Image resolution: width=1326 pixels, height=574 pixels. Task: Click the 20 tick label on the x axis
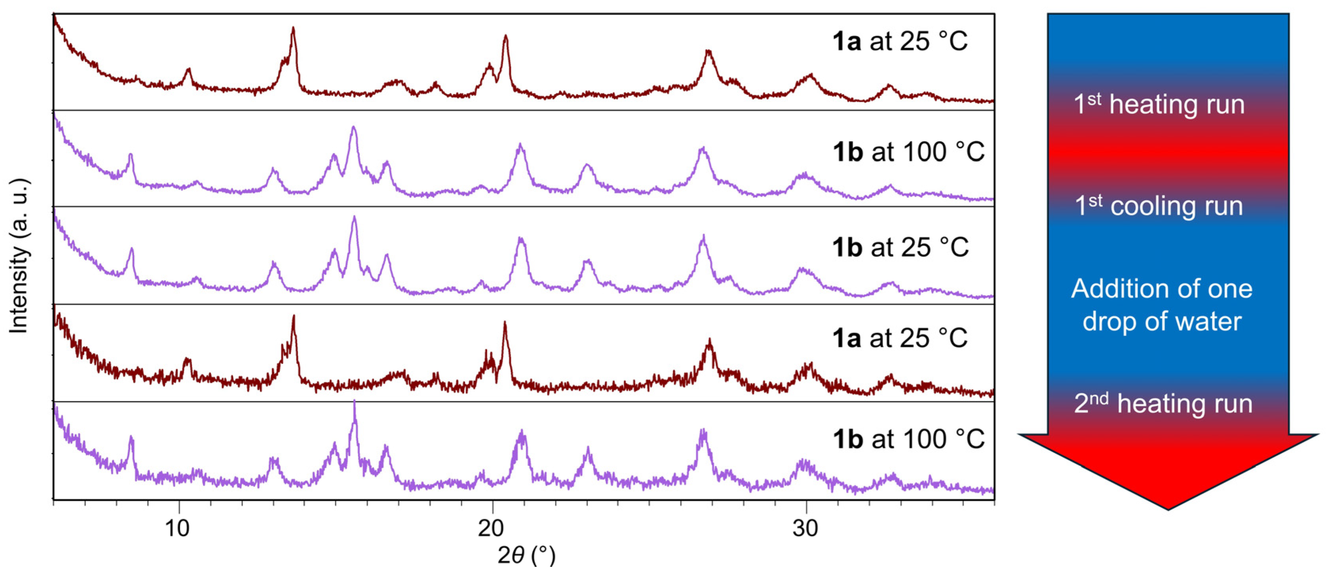pos(491,528)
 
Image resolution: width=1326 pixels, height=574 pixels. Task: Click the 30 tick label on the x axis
pos(805,528)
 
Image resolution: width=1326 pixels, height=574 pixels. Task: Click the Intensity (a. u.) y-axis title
pos(19,256)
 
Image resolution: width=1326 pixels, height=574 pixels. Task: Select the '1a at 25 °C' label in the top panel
pos(900,41)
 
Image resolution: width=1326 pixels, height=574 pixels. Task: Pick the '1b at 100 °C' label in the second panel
pos(908,152)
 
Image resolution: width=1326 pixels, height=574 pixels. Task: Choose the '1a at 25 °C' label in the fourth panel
pos(900,338)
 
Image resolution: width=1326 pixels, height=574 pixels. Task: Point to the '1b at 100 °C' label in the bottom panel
pos(908,439)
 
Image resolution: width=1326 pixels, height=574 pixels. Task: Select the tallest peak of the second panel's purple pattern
pos(353,129)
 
